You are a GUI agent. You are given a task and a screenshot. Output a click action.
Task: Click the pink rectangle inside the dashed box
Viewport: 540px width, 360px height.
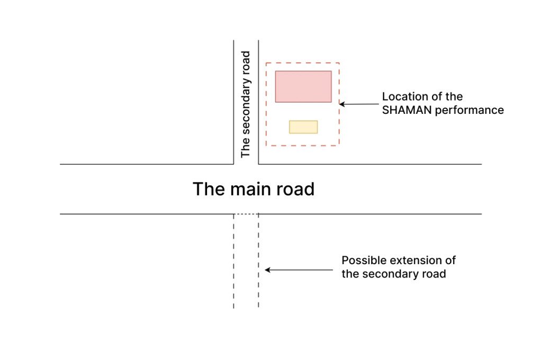click(303, 86)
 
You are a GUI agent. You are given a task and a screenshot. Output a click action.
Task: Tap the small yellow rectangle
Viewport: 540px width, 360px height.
click(303, 127)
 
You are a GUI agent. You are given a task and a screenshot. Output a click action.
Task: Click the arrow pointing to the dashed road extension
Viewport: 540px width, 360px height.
click(299, 270)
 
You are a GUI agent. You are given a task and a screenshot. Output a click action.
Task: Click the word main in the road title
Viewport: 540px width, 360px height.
click(253, 189)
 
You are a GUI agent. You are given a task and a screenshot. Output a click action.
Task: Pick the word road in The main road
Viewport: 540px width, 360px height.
click(297, 189)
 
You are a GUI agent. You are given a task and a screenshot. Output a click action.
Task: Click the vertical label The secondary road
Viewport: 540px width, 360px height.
click(245, 104)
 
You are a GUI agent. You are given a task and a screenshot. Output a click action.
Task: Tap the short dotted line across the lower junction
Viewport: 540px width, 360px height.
click(246, 214)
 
